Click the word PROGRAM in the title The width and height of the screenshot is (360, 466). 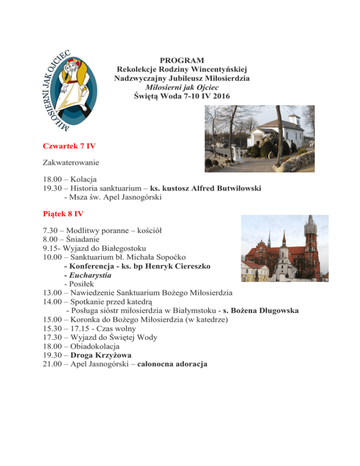point(182,60)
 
